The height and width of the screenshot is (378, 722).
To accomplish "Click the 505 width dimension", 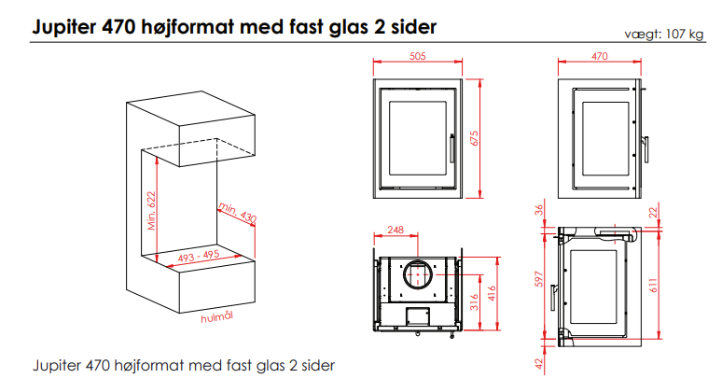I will [x=417, y=56].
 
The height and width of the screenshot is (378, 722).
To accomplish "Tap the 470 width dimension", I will [x=600, y=56].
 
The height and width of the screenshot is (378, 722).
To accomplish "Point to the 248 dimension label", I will [x=395, y=231].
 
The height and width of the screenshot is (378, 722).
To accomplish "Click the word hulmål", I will [x=216, y=317].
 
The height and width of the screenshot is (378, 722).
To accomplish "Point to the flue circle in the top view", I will [x=416, y=276].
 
